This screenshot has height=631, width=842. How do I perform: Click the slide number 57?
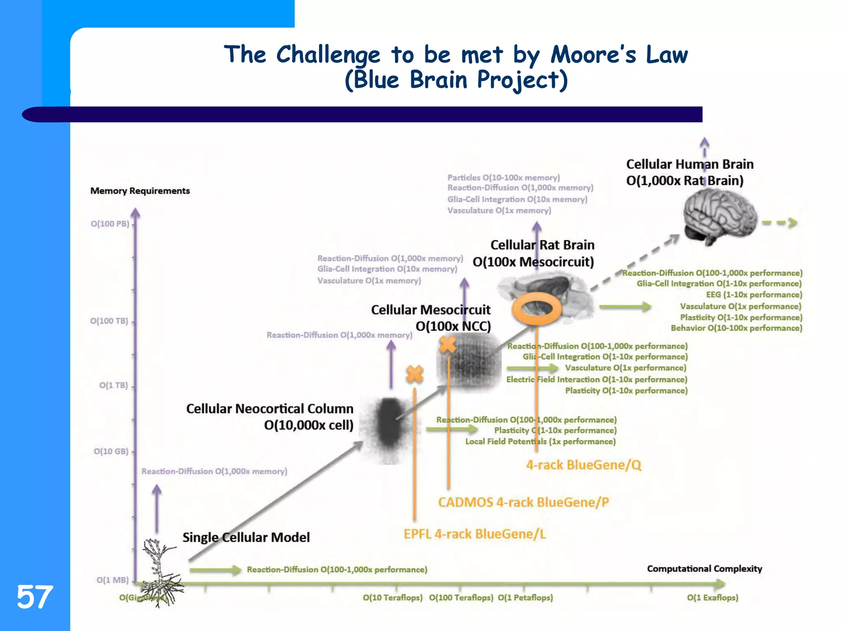coord(35,597)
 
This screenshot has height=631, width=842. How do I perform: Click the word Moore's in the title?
coord(593,55)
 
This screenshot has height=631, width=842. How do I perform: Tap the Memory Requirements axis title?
coord(140,191)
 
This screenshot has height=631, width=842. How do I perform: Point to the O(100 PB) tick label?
coord(110,224)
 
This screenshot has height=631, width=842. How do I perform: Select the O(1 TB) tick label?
coord(113,385)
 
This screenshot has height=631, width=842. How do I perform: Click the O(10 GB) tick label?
coord(111,451)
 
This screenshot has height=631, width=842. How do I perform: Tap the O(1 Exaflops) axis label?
coord(712,598)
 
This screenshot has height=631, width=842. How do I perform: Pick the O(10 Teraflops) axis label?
coord(392,598)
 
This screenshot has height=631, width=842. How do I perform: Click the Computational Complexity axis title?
coord(704,569)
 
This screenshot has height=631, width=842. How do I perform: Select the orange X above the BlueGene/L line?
coord(414,374)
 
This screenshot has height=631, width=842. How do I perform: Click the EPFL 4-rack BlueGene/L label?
coord(474,534)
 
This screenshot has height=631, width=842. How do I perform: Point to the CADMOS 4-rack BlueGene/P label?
coord(523,502)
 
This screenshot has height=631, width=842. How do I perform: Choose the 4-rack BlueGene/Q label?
coord(583,465)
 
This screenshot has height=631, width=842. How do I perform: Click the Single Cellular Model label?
coord(246,537)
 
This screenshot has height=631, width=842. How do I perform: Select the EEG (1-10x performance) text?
coord(754,295)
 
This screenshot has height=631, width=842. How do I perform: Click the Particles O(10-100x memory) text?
coord(503,178)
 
